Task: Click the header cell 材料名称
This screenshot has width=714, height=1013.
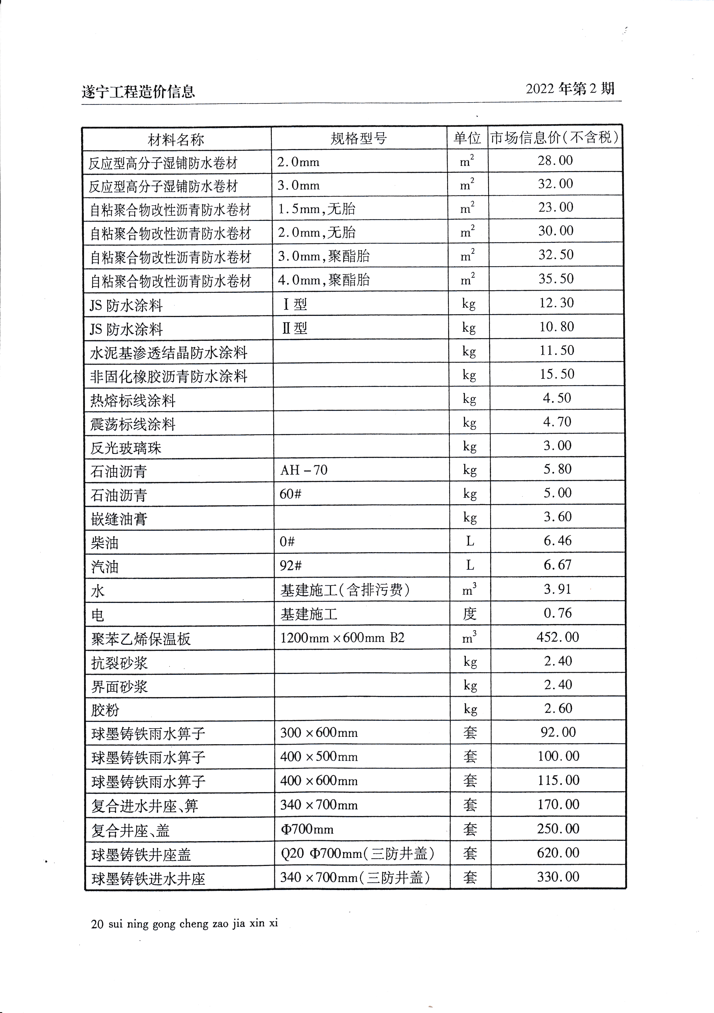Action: [x=176, y=140]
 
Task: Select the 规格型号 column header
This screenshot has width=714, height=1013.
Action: [x=358, y=139]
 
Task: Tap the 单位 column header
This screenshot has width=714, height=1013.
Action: [x=467, y=138]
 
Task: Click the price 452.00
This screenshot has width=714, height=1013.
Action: [x=557, y=637]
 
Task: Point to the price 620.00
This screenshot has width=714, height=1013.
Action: [x=558, y=853]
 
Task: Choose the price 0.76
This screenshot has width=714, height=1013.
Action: [x=557, y=613]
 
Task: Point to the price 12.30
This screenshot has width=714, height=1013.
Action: [x=556, y=303]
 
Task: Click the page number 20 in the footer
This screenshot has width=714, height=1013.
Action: [x=97, y=924]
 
